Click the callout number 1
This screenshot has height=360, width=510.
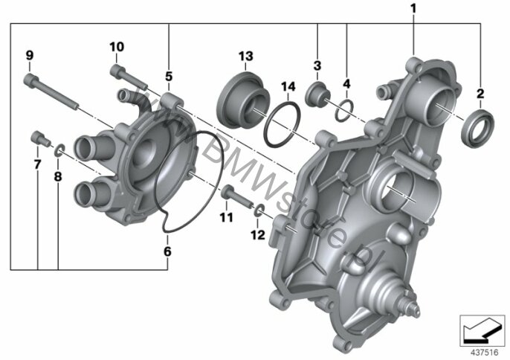pyautogui.click(x=413, y=9)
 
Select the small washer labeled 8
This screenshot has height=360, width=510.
pyautogui.click(x=57, y=150)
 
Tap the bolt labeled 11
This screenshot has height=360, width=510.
pyautogui.click(x=236, y=196)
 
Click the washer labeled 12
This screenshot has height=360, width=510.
pyautogui.click(x=257, y=210)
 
